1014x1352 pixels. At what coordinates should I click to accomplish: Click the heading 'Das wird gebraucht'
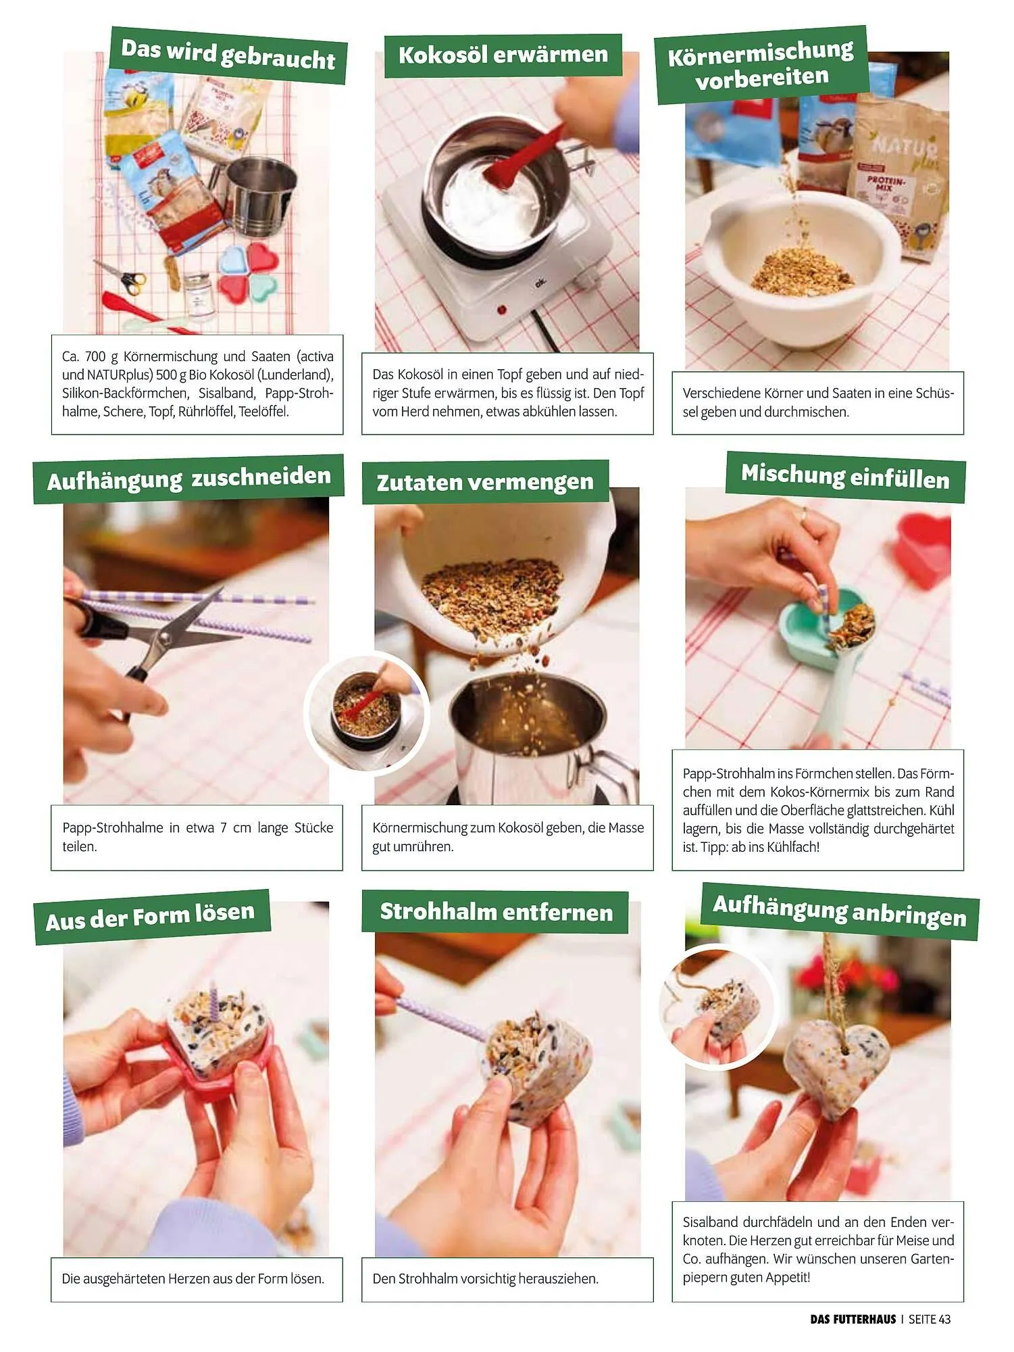(x=228, y=55)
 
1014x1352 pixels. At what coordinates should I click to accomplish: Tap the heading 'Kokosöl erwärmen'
(x=503, y=54)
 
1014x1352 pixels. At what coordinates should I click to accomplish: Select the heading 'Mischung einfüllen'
(x=845, y=477)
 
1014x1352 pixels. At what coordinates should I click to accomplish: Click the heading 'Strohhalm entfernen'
(x=497, y=912)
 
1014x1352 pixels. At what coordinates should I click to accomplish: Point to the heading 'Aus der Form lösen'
(x=150, y=916)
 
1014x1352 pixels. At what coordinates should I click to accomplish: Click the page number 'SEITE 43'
(x=930, y=1319)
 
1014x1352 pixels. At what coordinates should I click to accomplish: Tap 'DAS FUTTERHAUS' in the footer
(x=853, y=1319)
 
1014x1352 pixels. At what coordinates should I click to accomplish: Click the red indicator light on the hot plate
(x=501, y=310)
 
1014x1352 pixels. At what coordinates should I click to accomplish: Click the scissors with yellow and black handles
(x=120, y=277)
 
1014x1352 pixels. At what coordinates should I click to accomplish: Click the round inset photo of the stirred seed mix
(x=367, y=714)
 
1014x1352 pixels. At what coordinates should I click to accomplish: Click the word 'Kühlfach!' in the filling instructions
(x=793, y=847)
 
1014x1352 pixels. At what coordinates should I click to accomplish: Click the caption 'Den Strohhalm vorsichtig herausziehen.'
(x=486, y=1279)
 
